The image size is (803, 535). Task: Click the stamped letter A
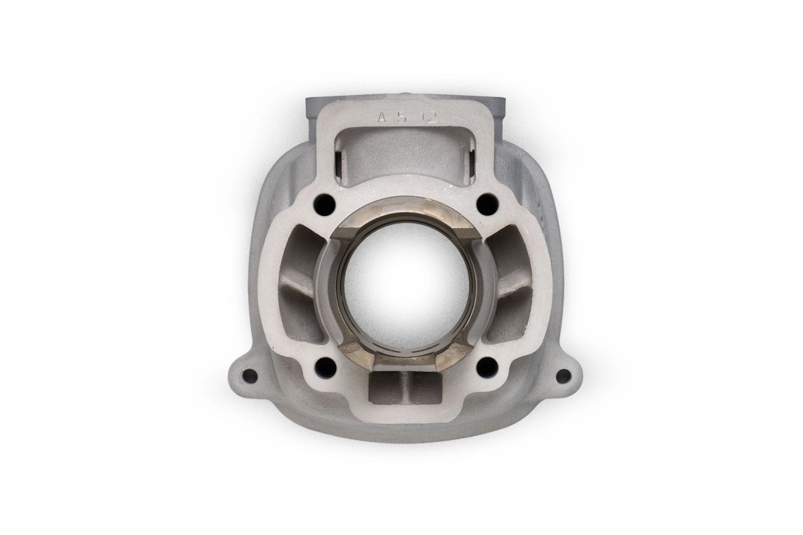point(382,117)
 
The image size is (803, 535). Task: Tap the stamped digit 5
point(402,117)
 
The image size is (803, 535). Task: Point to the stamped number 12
point(428,117)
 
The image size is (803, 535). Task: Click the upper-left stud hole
point(325,205)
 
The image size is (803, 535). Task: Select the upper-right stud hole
point(488,205)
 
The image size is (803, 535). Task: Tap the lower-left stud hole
point(325,366)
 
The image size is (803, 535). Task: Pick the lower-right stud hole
point(488,366)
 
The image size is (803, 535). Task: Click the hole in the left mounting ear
point(250,377)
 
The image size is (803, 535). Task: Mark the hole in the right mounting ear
point(563,376)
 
